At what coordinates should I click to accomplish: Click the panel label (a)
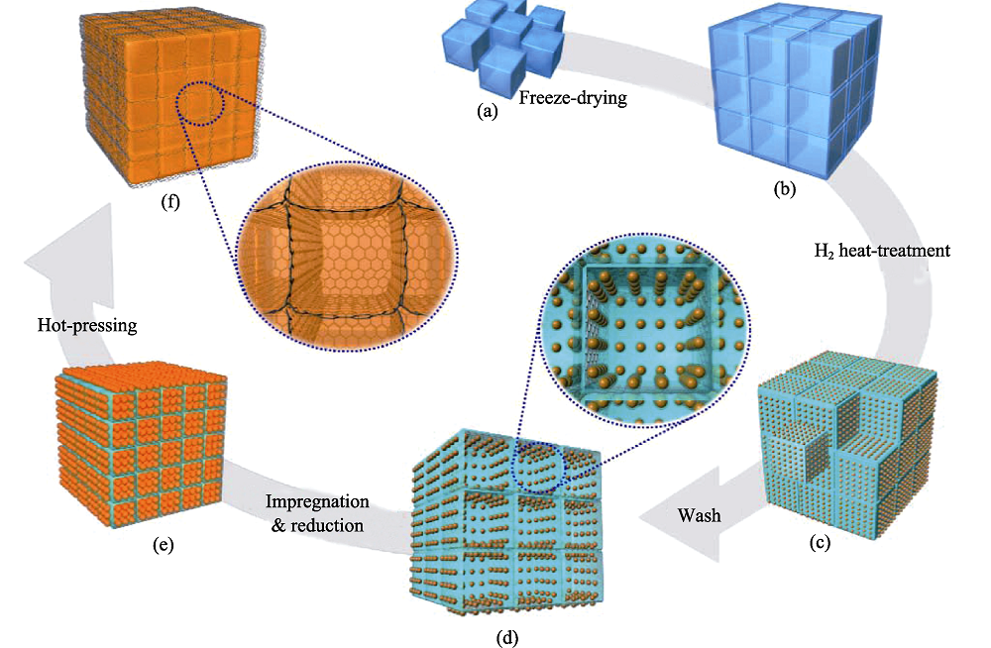coord(488,112)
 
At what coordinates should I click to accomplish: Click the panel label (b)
coord(784,189)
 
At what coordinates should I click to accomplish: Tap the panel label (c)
coord(820,542)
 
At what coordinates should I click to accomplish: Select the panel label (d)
coord(507,638)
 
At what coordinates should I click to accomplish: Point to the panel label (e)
coord(164,545)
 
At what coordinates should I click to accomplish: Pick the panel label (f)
coord(170,202)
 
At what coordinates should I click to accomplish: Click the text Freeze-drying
coord(573,98)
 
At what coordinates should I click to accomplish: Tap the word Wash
coord(699,515)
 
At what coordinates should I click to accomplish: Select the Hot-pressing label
coord(87,326)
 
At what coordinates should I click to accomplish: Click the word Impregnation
coord(317,502)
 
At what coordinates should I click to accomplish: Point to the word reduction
coord(327,525)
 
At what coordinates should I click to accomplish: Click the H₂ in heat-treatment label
coord(825,252)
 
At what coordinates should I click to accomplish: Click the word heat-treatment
coord(894,251)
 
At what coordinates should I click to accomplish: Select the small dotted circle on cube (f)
coord(200,103)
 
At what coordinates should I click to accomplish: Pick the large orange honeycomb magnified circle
coord(348,256)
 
